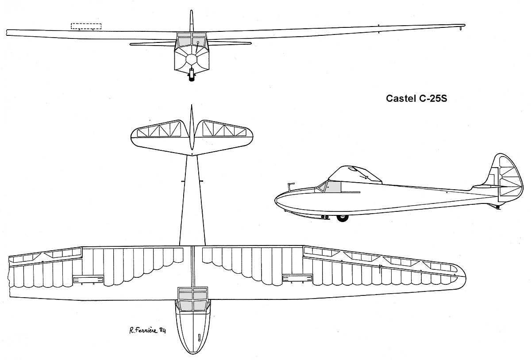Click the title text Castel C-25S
tap(416, 98)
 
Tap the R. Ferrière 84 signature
tap(147, 330)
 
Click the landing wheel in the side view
tap(342, 218)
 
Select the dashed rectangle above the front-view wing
tap(86, 26)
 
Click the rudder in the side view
tap(510, 180)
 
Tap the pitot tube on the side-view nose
tap(290, 187)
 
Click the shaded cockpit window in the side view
tap(334, 187)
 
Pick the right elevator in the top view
tap(224, 130)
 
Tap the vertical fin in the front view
tap(192, 21)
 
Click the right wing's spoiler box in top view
tap(297, 278)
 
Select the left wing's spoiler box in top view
tap(88, 280)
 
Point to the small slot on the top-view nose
tap(200, 337)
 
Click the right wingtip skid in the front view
tap(460, 28)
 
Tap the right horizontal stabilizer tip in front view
tap(250, 43)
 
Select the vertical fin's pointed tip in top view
tap(192, 105)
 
